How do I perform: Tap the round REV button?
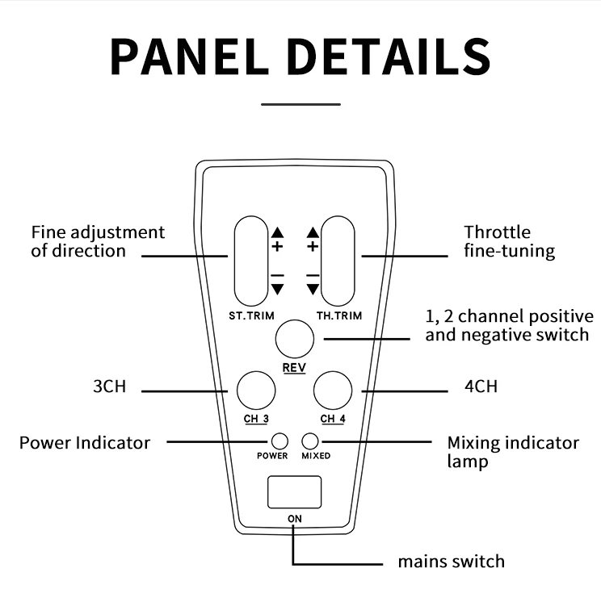tap(295, 339)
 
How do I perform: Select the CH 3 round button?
tap(255, 390)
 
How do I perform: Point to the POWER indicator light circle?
tap(279, 441)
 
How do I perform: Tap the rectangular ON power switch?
tap(294, 492)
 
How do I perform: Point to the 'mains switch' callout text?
tap(451, 562)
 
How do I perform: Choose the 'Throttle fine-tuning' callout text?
tap(509, 241)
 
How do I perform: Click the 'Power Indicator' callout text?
tap(85, 442)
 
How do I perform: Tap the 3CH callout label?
tap(109, 386)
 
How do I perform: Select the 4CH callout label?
tap(481, 386)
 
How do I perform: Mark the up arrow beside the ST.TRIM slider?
tap(278, 232)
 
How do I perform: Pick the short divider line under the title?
tap(301, 103)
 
